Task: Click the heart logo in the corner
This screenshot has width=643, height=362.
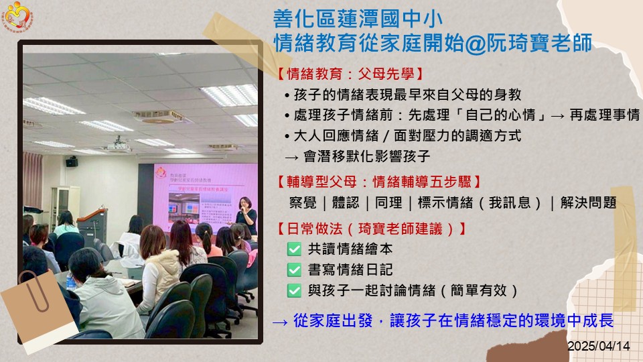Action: [17, 16]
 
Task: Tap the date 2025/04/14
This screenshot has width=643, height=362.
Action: [598, 346]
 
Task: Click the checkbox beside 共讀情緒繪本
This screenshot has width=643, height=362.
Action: [294, 249]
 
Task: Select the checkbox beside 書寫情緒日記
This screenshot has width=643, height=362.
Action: [294, 269]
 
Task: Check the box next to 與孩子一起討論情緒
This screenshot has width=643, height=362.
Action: [294, 290]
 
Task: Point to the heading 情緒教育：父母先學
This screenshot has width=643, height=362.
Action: [350, 74]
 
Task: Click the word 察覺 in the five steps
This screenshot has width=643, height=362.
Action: [303, 202]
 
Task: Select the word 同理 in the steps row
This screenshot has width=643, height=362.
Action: [388, 202]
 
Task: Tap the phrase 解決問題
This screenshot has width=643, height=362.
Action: [589, 202]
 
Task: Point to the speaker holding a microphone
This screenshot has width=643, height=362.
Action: [246, 215]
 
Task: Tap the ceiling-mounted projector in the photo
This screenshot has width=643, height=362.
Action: [119, 144]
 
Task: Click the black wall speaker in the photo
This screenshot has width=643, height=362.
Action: [72, 162]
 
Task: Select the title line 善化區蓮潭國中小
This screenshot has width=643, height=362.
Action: [358, 19]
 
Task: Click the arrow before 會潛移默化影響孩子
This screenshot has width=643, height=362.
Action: [291, 157]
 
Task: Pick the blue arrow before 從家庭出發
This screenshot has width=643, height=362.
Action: [280, 322]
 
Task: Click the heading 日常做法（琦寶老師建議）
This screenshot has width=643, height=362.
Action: [372, 229]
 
